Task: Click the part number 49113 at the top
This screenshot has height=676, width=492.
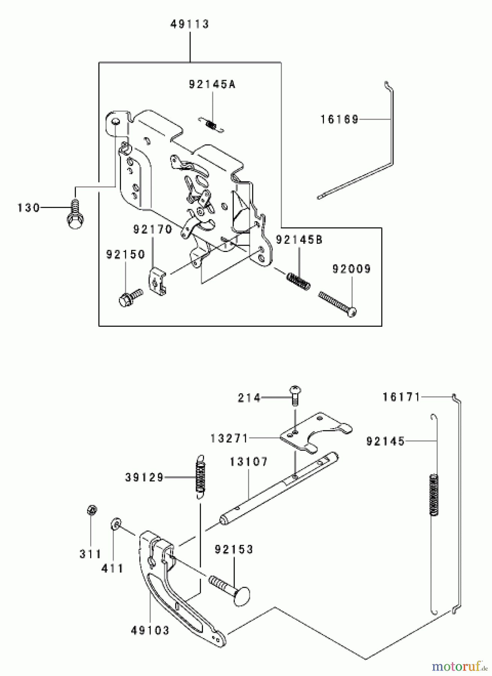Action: click(x=189, y=24)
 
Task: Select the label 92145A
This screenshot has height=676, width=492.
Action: click(x=212, y=84)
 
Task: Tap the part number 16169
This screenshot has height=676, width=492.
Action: click(x=339, y=119)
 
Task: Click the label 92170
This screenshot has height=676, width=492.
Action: click(x=153, y=229)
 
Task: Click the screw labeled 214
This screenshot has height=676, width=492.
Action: click(x=295, y=396)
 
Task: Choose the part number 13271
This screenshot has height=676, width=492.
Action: click(x=229, y=438)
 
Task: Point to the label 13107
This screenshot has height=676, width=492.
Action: click(x=249, y=462)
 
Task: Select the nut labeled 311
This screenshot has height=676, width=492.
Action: click(x=91, y=510)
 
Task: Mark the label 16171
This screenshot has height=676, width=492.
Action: click(x=401, y=397)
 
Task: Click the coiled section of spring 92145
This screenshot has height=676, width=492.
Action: click(x=434, y=495)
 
